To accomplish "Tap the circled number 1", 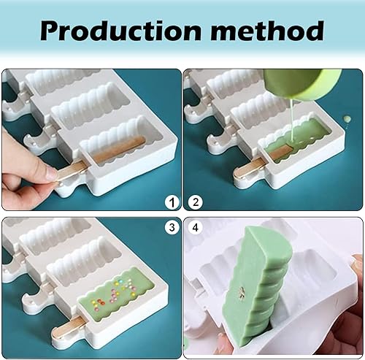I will coord(170,202).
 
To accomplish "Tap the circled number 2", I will coord(195,202).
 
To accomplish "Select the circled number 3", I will coord(170,227).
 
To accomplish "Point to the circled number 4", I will coord(195,227).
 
